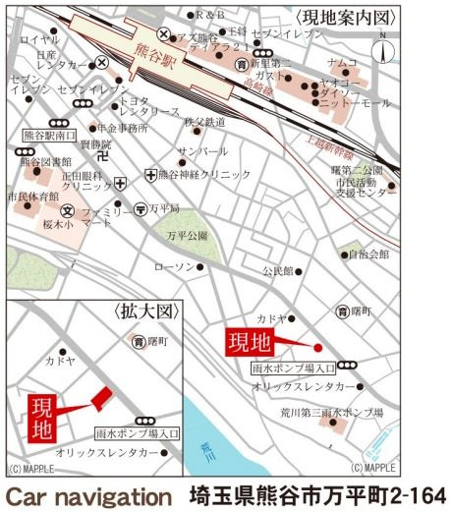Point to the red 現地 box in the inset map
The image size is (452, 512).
click(44, 417)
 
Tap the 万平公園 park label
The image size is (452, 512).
click(187, 236)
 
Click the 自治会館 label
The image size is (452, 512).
click(368, 254)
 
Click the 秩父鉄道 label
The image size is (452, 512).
click(204, 122)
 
